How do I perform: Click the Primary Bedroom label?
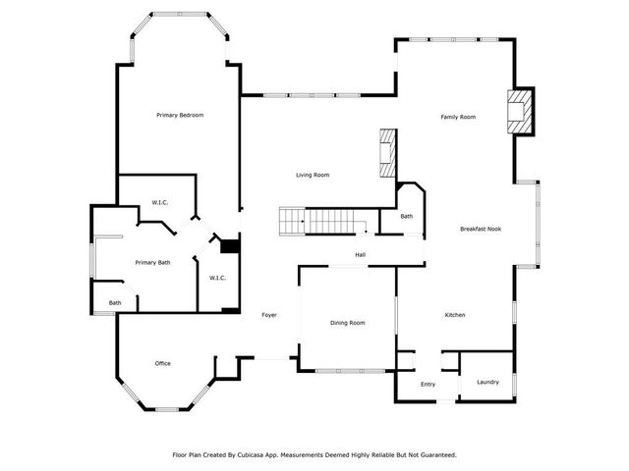180,116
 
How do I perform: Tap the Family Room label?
457,117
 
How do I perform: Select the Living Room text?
313,176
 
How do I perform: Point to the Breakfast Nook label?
481,229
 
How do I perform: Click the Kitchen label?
455,315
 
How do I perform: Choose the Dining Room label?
347,323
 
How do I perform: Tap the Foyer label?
268,315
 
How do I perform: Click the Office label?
163,364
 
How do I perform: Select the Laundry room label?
487,382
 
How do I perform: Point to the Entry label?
428,385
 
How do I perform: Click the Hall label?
361,255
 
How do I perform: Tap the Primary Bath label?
152,262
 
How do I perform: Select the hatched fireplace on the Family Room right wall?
519,111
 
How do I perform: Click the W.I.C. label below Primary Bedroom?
159,203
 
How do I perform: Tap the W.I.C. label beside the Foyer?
217,278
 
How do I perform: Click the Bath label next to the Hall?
406,217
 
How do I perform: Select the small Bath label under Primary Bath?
115,303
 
